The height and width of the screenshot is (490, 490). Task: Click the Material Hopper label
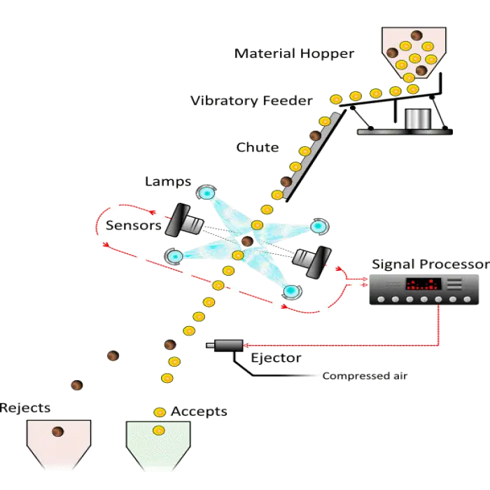(295, 54)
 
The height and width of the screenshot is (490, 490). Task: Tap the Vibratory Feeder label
(251, 101)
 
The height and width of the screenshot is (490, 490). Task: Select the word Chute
(258, 148)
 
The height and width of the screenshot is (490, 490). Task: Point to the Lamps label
(168, 182)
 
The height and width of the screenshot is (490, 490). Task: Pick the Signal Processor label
(429, 264)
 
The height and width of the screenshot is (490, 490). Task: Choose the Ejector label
(276, 358)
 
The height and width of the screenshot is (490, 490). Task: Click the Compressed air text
(365, 376)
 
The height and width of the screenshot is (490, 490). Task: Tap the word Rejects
(25, 408)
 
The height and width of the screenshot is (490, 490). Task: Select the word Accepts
(199, 411)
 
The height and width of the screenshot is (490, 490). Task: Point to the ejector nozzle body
(225, 344)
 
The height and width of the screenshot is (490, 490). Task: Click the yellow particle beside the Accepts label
(160, 412)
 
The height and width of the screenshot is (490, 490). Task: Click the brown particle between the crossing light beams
(246, 241)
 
